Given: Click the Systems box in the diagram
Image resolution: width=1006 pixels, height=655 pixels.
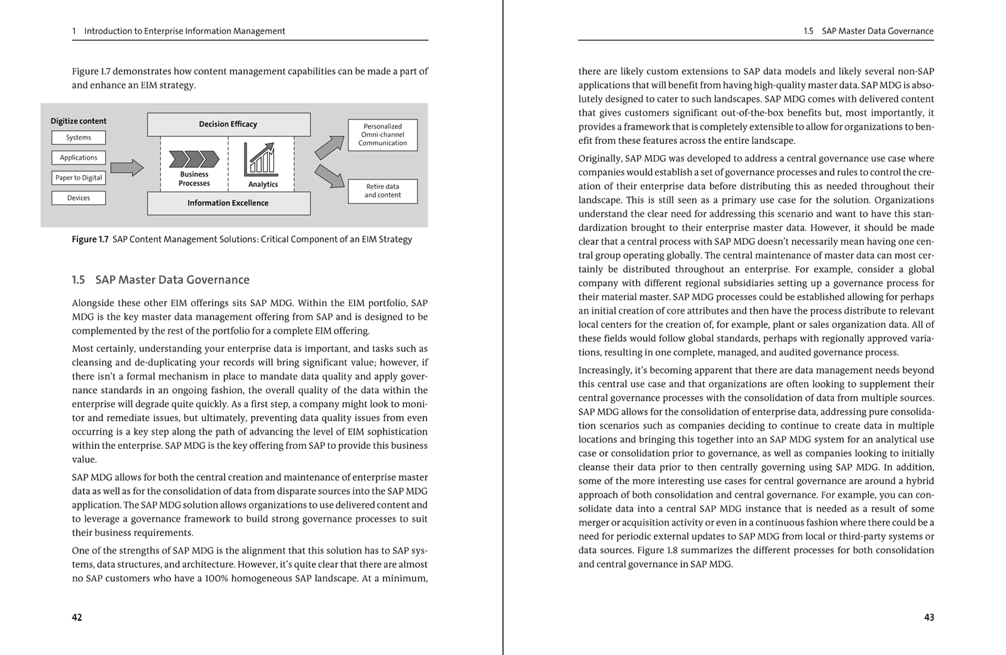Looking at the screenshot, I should (79, 138).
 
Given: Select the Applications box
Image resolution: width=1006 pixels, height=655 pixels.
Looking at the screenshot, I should (79, 158).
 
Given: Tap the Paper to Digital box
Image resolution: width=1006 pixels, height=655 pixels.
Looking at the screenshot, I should (79, 178).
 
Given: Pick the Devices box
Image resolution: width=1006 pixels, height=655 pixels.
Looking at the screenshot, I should (79, 198).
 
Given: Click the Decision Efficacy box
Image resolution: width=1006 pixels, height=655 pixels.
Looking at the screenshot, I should (228, 124).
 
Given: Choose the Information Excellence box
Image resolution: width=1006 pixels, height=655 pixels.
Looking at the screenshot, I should (228, 203).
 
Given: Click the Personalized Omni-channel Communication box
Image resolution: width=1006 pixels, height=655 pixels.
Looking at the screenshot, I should (382, 135).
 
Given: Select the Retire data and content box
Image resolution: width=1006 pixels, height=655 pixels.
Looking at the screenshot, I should (382, 191).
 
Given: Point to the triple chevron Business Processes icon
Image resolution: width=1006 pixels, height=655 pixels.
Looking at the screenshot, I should (194, 159).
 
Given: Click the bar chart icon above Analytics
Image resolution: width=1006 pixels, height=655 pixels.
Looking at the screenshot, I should (260, 158).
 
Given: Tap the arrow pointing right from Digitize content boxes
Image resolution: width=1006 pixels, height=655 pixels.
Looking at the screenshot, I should (126, 168).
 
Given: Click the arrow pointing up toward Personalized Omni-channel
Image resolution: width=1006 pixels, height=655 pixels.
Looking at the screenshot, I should (329, 148).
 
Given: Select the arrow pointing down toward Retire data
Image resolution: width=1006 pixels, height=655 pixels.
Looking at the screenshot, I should (329, 176).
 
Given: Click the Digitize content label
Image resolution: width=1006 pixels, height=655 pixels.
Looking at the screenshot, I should (79, 121).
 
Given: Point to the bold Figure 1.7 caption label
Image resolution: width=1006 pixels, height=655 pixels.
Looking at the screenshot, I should (90, 239).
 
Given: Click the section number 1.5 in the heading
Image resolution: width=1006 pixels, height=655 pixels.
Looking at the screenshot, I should (78, 280).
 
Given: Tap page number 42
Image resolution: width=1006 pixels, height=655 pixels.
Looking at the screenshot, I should (77, 618).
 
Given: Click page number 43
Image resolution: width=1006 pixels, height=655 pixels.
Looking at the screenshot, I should (929, 618).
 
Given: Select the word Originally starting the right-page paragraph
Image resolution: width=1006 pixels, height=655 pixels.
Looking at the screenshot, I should (599, 159).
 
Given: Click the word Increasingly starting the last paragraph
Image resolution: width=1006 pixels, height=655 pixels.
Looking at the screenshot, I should (604, 371).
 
